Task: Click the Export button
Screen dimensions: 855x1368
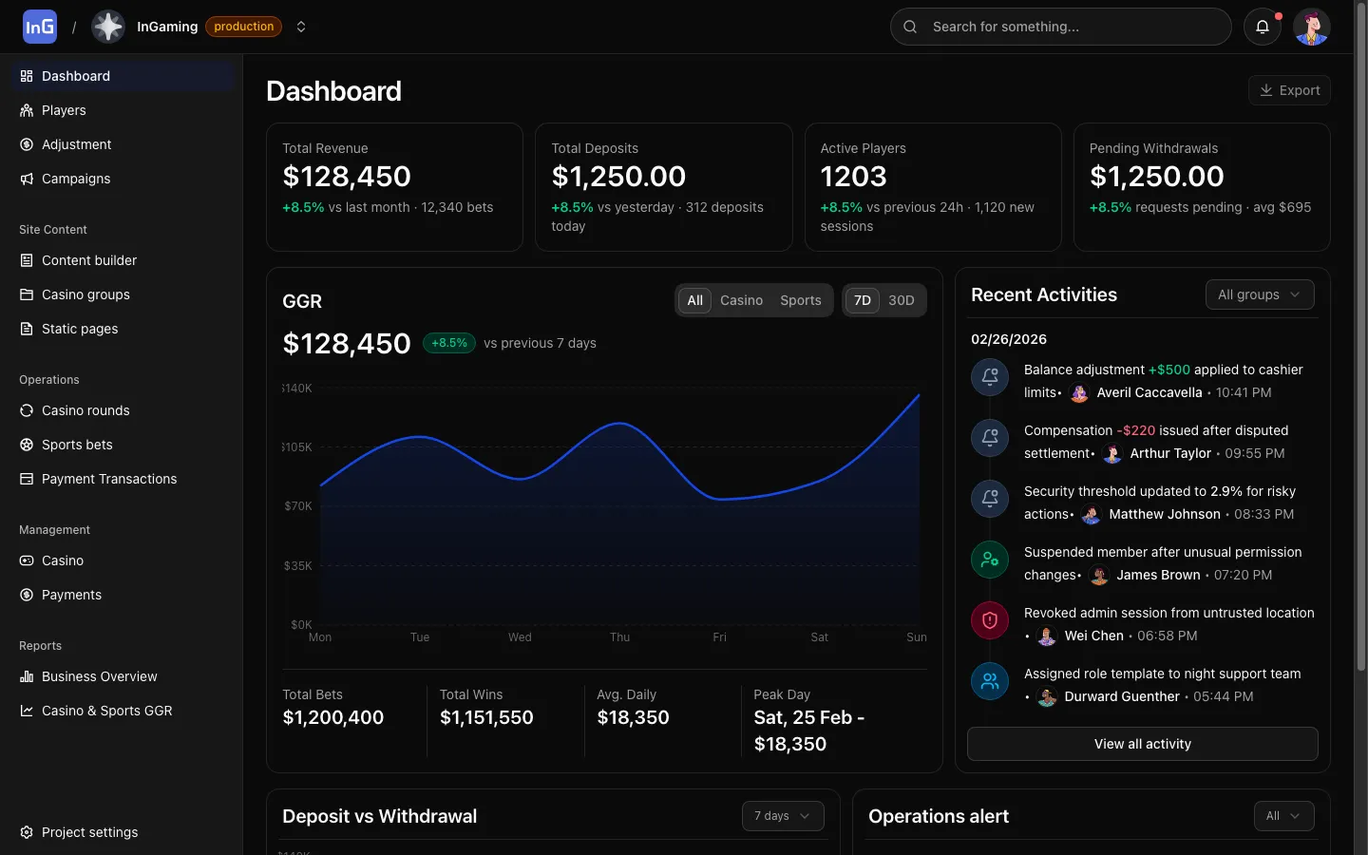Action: point(1289,90)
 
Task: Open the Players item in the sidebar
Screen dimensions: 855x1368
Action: point(64,110)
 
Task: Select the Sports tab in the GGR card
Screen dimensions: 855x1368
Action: point(800,300)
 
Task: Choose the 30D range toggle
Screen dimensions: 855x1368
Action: point(901,300)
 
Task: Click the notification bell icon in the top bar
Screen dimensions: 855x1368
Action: point(1262,27)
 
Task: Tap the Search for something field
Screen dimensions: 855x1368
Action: point(1060,27)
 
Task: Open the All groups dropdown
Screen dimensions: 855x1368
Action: point(1259,294)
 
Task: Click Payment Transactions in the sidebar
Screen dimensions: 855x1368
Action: point(109,479)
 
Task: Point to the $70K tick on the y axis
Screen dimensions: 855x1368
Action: point(298,506)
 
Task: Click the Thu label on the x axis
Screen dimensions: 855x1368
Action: point(619,637)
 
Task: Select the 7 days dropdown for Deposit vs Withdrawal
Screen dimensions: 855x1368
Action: point(782,816)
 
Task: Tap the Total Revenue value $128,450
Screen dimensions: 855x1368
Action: point(347,177)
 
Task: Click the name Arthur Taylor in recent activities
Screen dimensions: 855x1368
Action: point(1170,453)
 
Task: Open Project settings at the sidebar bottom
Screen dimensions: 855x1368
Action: point(89,832)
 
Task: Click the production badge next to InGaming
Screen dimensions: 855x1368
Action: point(243,27)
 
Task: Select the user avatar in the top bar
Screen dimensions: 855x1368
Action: point(1311,27)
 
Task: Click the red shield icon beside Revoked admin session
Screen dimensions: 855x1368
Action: point(989,620)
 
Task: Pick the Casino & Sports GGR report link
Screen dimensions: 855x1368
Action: point(106,711)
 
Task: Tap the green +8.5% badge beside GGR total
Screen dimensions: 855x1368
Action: point(448,343)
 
